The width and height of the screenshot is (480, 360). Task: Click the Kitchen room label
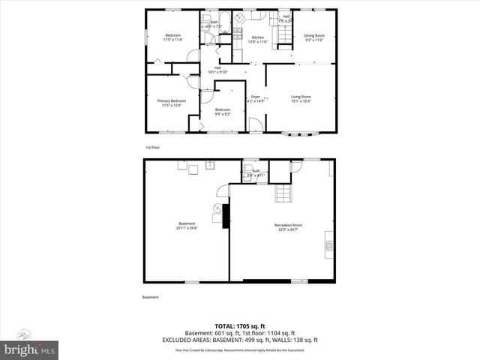[257, 37]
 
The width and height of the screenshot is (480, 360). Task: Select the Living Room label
[301, 97]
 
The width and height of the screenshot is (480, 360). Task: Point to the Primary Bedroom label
[172, 101]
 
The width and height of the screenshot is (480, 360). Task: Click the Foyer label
[255, 97]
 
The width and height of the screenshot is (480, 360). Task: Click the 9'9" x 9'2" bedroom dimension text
[222, 114]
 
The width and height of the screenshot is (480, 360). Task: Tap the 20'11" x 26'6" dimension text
[187, 228]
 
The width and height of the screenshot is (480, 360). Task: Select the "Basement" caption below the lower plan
[151, 298]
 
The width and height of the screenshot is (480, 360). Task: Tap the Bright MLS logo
[29, 349]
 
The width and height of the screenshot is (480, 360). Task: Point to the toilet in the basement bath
[247, 178]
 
